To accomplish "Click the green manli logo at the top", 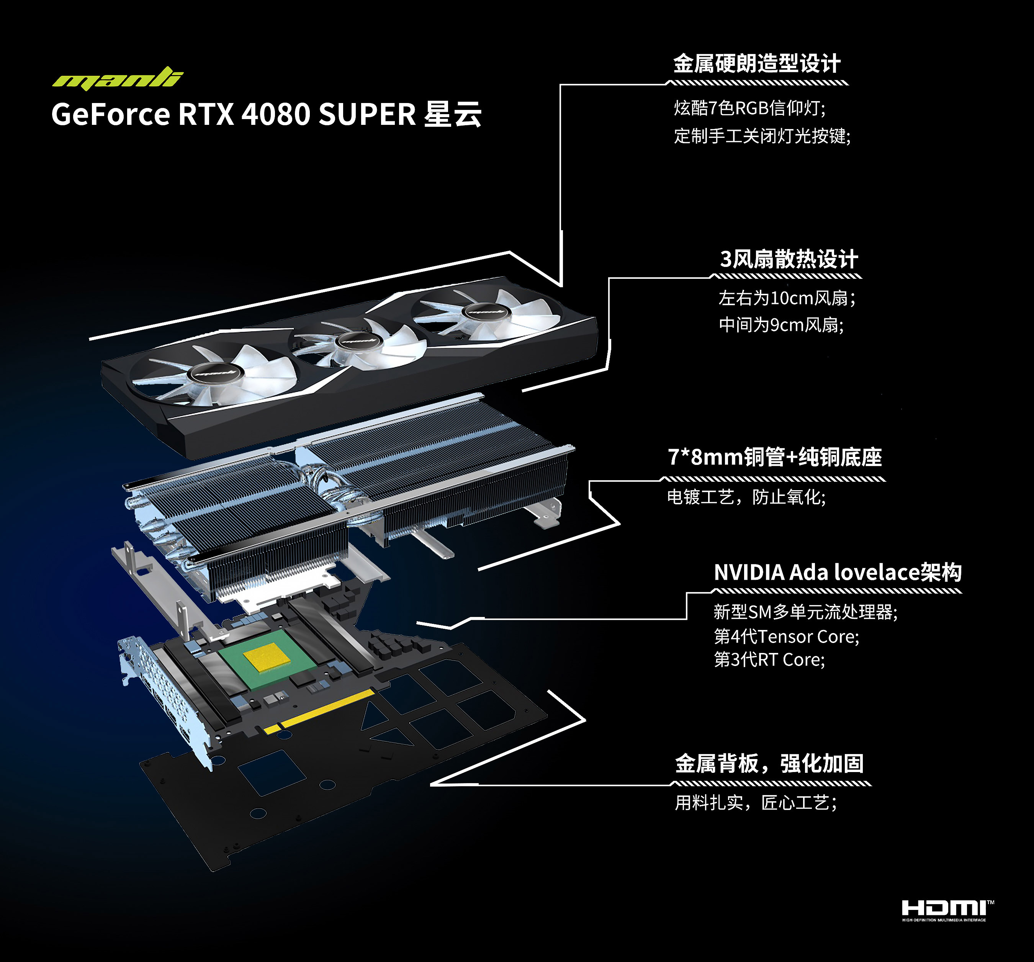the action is pyautogui.click(x=118, y=78).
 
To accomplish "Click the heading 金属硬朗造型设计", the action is pyautogui.click(x=757, y=64).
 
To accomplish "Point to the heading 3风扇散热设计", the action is pyautogui.click(x=789, y=258).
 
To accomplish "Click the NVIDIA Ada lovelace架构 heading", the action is pyautogui.click(x=838, y=572).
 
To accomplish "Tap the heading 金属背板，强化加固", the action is pyautogui.click(x=769, y=763).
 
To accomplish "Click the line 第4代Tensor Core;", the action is pyautogui.click(x=787, y=636).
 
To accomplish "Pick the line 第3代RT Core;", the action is pyautogui.click(x=769, y=659).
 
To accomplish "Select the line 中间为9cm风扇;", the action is pyautogui.click(x=781, y=325).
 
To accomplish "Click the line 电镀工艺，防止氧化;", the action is pyautogui.click(x=746, y=497).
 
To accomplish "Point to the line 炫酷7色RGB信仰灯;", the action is pyautogui.click(x=749, y=108).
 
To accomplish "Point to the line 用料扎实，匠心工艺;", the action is pyautogui.click(x=756, y=803).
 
